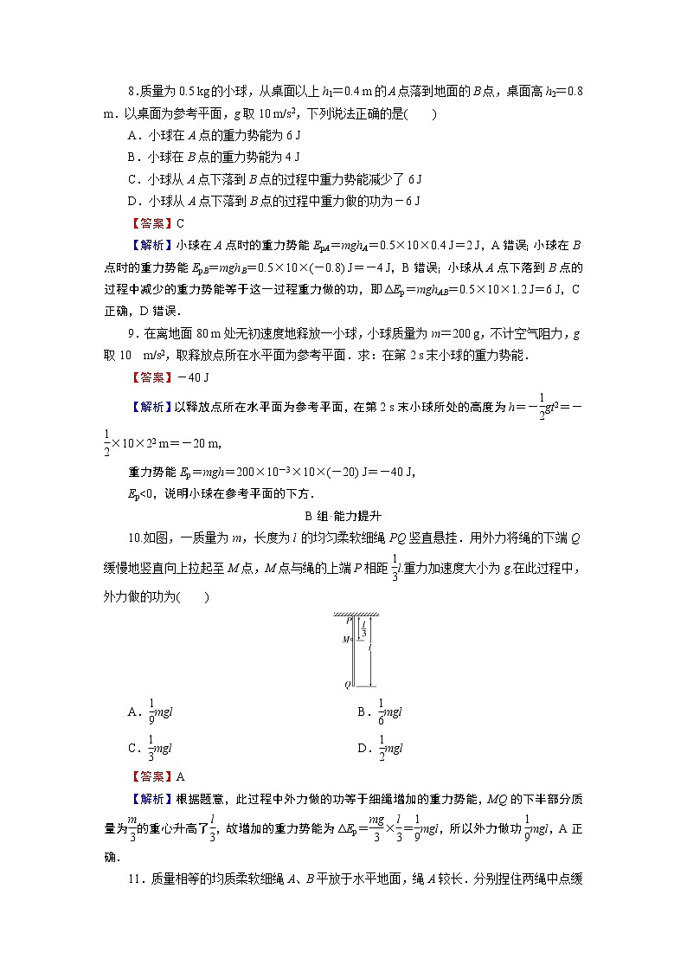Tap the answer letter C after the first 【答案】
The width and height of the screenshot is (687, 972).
(x=180, y=222)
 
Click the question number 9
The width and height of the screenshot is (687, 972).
(x=132, y=333)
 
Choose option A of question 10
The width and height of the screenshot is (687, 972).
(x=152, y=711)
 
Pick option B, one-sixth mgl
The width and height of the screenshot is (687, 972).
(x=382, y=711)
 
